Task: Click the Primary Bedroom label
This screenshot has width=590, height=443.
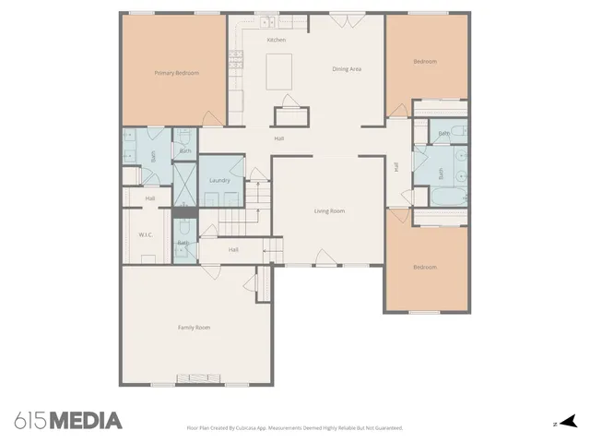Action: [x=176, y=73]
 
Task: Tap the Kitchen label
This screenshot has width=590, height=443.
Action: [x=276, y=41]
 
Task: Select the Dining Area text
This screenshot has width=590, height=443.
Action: [x=347, y=68]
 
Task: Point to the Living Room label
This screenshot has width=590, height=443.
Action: [x=329, y=211]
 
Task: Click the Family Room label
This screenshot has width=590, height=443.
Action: [x=194, y=328]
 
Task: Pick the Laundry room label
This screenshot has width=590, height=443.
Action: [x=219, y=180]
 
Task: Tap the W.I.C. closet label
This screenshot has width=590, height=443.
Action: [x=146, y=234]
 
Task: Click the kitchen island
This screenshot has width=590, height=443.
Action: [x=280, y=70]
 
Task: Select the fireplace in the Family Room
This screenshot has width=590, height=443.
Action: [x=194, y=377]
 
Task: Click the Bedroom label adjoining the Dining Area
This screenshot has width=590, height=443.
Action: [x=425, y=62]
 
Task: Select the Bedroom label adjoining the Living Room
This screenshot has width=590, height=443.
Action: [x=425, y=268]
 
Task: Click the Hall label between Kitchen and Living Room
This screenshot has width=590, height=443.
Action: [x=278, y=138]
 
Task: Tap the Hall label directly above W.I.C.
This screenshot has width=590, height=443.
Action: [x=149, y=198]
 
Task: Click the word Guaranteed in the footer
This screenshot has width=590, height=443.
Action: [x=384, y=428]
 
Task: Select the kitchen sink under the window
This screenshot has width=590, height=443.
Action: [x=267, y=22]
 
